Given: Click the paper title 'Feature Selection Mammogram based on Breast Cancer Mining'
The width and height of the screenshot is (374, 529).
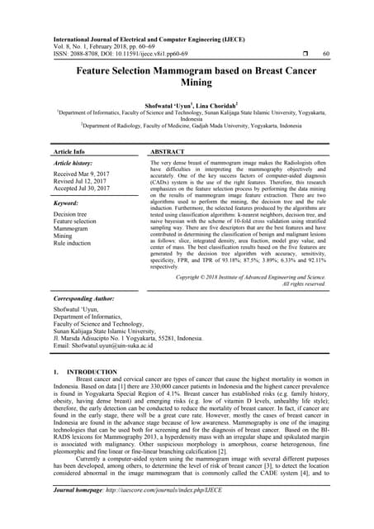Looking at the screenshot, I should (187, 79).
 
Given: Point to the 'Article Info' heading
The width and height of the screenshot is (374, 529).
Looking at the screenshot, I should (69, 152).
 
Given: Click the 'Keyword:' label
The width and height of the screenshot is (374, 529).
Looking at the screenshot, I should (65, 203).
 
